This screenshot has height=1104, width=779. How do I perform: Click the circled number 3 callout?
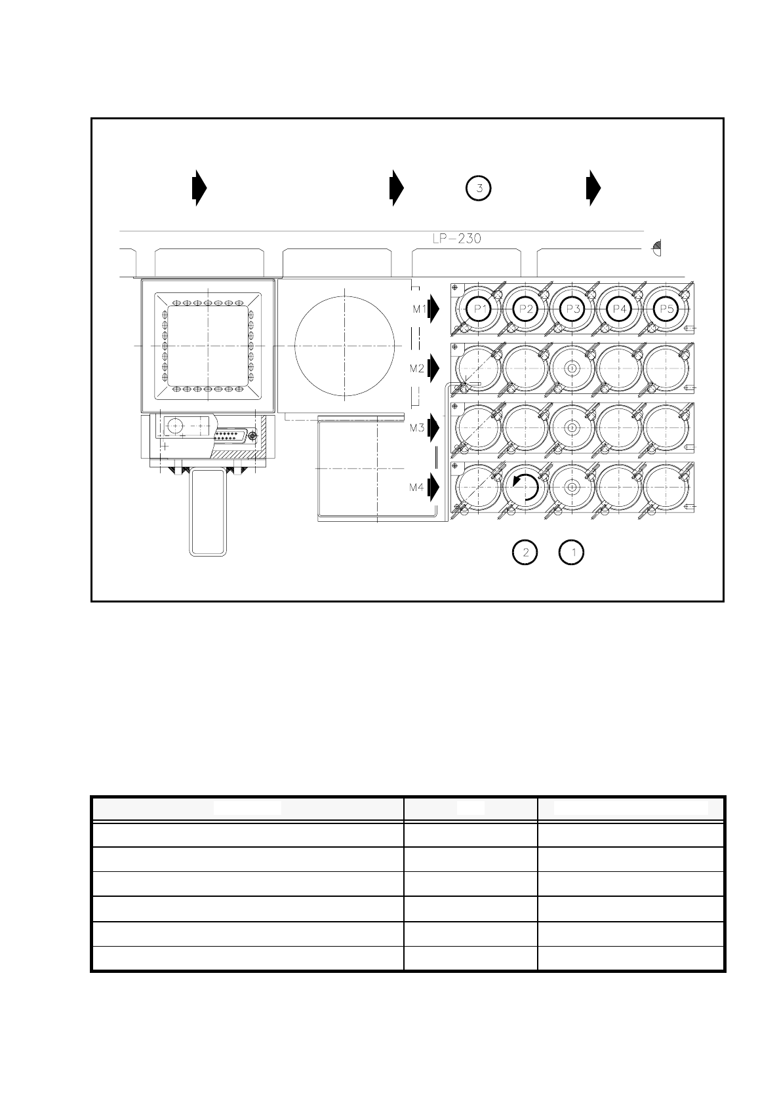click(x=479, y=188)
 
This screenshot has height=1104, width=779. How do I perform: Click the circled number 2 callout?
click(x=525, y=553)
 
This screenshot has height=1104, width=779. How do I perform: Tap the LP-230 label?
click(x=456, y=239)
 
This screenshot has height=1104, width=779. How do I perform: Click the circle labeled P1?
click(x=479, y=309)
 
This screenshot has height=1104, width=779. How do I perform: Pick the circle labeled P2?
click(x=525, y=309)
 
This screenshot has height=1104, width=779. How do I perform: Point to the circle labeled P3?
click(x=572, y=309)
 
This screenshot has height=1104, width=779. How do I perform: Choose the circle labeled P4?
click(x=618, y=309)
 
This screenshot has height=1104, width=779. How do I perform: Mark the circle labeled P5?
click(x=666, y=309)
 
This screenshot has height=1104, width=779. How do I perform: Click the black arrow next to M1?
click(x=433, y=309)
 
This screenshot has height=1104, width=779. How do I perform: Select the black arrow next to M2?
click(x=433, y=368)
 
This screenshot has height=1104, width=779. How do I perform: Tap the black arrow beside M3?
click(x=433, y=428)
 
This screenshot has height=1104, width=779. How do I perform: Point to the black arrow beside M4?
click(x=433, y=487)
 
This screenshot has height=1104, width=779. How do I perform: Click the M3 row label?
click(x=417, y=428)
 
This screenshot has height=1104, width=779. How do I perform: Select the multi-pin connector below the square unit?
click(x=231, y=435)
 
